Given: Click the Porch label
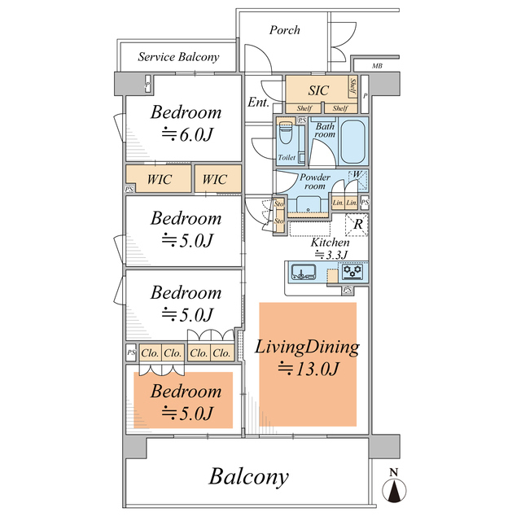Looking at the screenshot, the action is pos(284,30).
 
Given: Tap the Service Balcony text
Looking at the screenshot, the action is pos(179,57).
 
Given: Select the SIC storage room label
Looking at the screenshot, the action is pos(318,90).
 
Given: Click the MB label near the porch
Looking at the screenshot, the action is pos(377,66).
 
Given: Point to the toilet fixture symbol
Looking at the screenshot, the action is pos(285,133).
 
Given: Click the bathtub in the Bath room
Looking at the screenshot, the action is pos(353,141).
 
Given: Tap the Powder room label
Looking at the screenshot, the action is pos(315,182).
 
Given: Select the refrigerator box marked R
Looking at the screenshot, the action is pos(357,225).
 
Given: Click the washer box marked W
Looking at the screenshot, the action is pos(357,180).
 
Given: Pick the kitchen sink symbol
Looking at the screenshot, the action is pos(304,272).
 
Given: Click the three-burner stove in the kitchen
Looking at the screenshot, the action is pos(352,271).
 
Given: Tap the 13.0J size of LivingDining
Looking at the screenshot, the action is pos(309,369).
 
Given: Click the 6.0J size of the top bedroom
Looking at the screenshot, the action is pos(186,134).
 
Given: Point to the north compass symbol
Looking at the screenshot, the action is pos(394,487).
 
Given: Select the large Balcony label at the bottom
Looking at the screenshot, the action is pos(248,477).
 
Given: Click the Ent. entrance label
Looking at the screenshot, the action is pos(258,103).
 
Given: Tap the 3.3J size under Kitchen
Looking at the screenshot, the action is pos(331,255).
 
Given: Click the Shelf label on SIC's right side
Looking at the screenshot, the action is pos(352,86).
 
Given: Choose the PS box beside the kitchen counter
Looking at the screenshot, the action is pos(348,290).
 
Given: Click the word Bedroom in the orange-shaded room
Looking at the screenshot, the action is pos(186,391).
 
